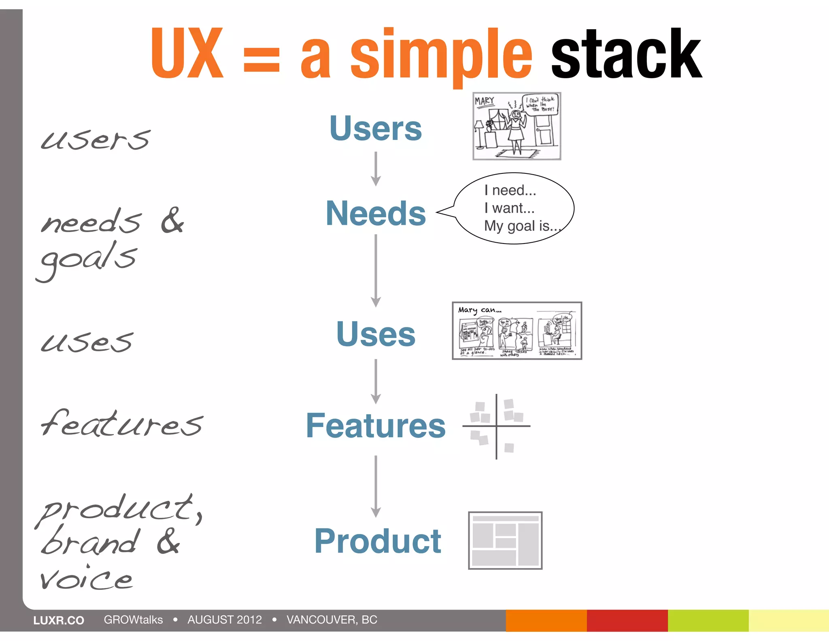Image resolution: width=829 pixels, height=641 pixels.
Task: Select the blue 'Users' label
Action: pos(376,128)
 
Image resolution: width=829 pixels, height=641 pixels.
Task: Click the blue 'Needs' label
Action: pos(376,214)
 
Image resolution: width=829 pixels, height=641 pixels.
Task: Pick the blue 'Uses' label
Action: pos(376,334)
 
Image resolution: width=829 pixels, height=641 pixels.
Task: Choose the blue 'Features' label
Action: pos(376,425)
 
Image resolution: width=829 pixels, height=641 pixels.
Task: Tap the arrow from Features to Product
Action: pos(376,486)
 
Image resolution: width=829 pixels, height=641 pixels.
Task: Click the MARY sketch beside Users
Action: pos(517,126)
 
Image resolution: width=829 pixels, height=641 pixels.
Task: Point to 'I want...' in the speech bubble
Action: pos(509,208)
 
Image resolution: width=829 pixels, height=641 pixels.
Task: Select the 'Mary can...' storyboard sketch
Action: pos(517,331)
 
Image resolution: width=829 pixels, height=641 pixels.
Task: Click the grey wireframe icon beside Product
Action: pos(505,541)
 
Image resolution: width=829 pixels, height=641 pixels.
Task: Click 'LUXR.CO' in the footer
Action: pos(59,620)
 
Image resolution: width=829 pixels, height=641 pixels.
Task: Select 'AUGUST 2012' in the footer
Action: pos(225,620)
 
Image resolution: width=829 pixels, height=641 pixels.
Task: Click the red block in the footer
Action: pos(627,620)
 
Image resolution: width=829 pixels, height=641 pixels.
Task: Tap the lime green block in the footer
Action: pos(708,620)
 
